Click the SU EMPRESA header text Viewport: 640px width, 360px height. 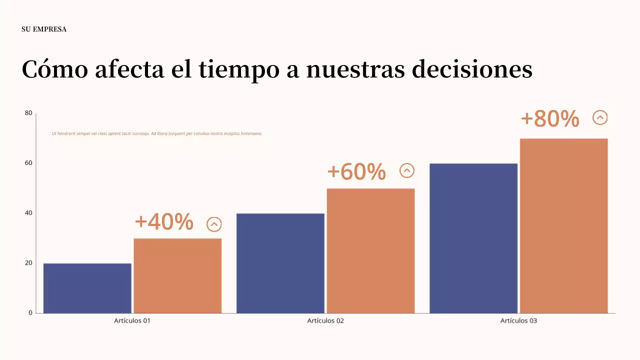(44, 29)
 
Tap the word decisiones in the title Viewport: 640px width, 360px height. (472, 69)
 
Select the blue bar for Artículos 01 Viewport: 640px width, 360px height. (87, 288)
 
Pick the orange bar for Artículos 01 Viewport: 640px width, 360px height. (177, 275)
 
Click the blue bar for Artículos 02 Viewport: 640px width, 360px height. (280, 263)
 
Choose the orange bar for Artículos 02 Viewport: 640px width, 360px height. (370, 250)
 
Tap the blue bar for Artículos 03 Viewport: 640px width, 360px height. (473, 238)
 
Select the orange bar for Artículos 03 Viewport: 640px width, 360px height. (563, 225)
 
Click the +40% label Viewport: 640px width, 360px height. (164, 222)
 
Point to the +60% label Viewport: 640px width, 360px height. (356, 171)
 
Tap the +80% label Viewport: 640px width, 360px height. (550, 119)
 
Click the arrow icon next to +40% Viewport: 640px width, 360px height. (214, 224)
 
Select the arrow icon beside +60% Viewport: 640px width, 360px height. (407, 171)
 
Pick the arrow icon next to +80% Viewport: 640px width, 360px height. (600, 117)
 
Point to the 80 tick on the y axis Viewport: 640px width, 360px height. (28, 113)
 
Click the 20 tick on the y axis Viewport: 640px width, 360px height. (28, 263)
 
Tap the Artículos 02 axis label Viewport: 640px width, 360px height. (325, 320)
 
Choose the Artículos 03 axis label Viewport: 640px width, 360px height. (518, 320)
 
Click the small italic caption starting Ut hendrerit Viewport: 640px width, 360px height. (156, 133)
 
